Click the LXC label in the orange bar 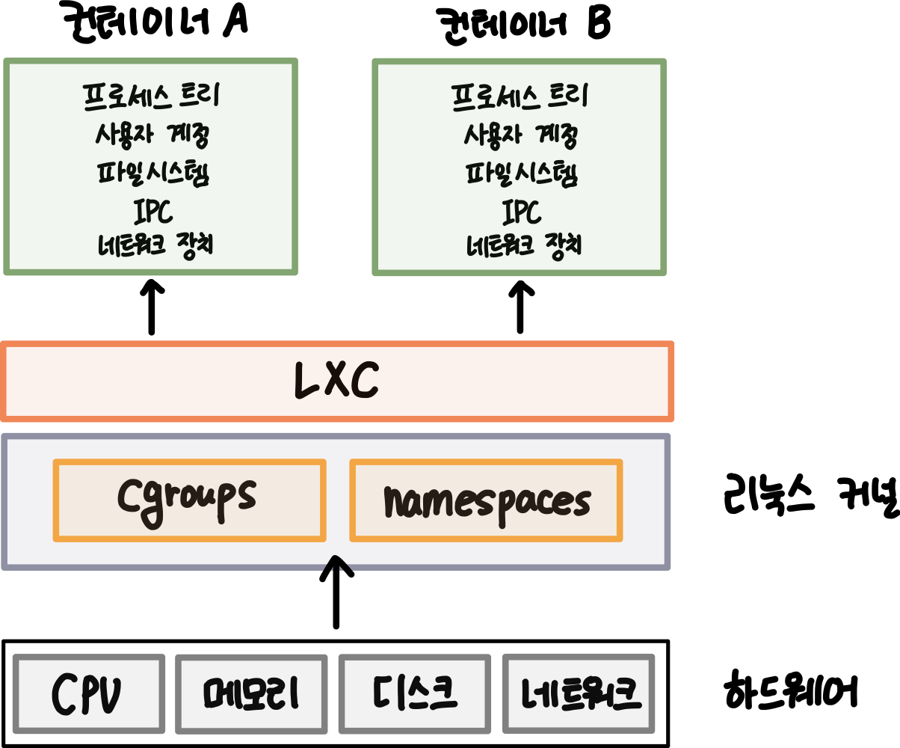[336, 381]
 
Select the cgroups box [189, 500]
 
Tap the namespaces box [486, 500]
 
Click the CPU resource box [88, 694]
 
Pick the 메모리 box [251, 694]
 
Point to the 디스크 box [414, 694]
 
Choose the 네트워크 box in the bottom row [579, 693]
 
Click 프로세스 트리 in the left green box [151, 96]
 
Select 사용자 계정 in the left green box [152, 135]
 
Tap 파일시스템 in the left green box [152, 174]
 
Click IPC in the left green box [153, 212]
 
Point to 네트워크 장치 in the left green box [155, 245]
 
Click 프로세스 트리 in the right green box [520, 96]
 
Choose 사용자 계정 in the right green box [520, 135]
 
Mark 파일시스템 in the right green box [521, 174]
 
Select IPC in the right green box [521, 212]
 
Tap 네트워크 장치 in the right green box [524, 245]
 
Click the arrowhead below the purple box [337, 563]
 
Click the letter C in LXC [364, 381]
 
